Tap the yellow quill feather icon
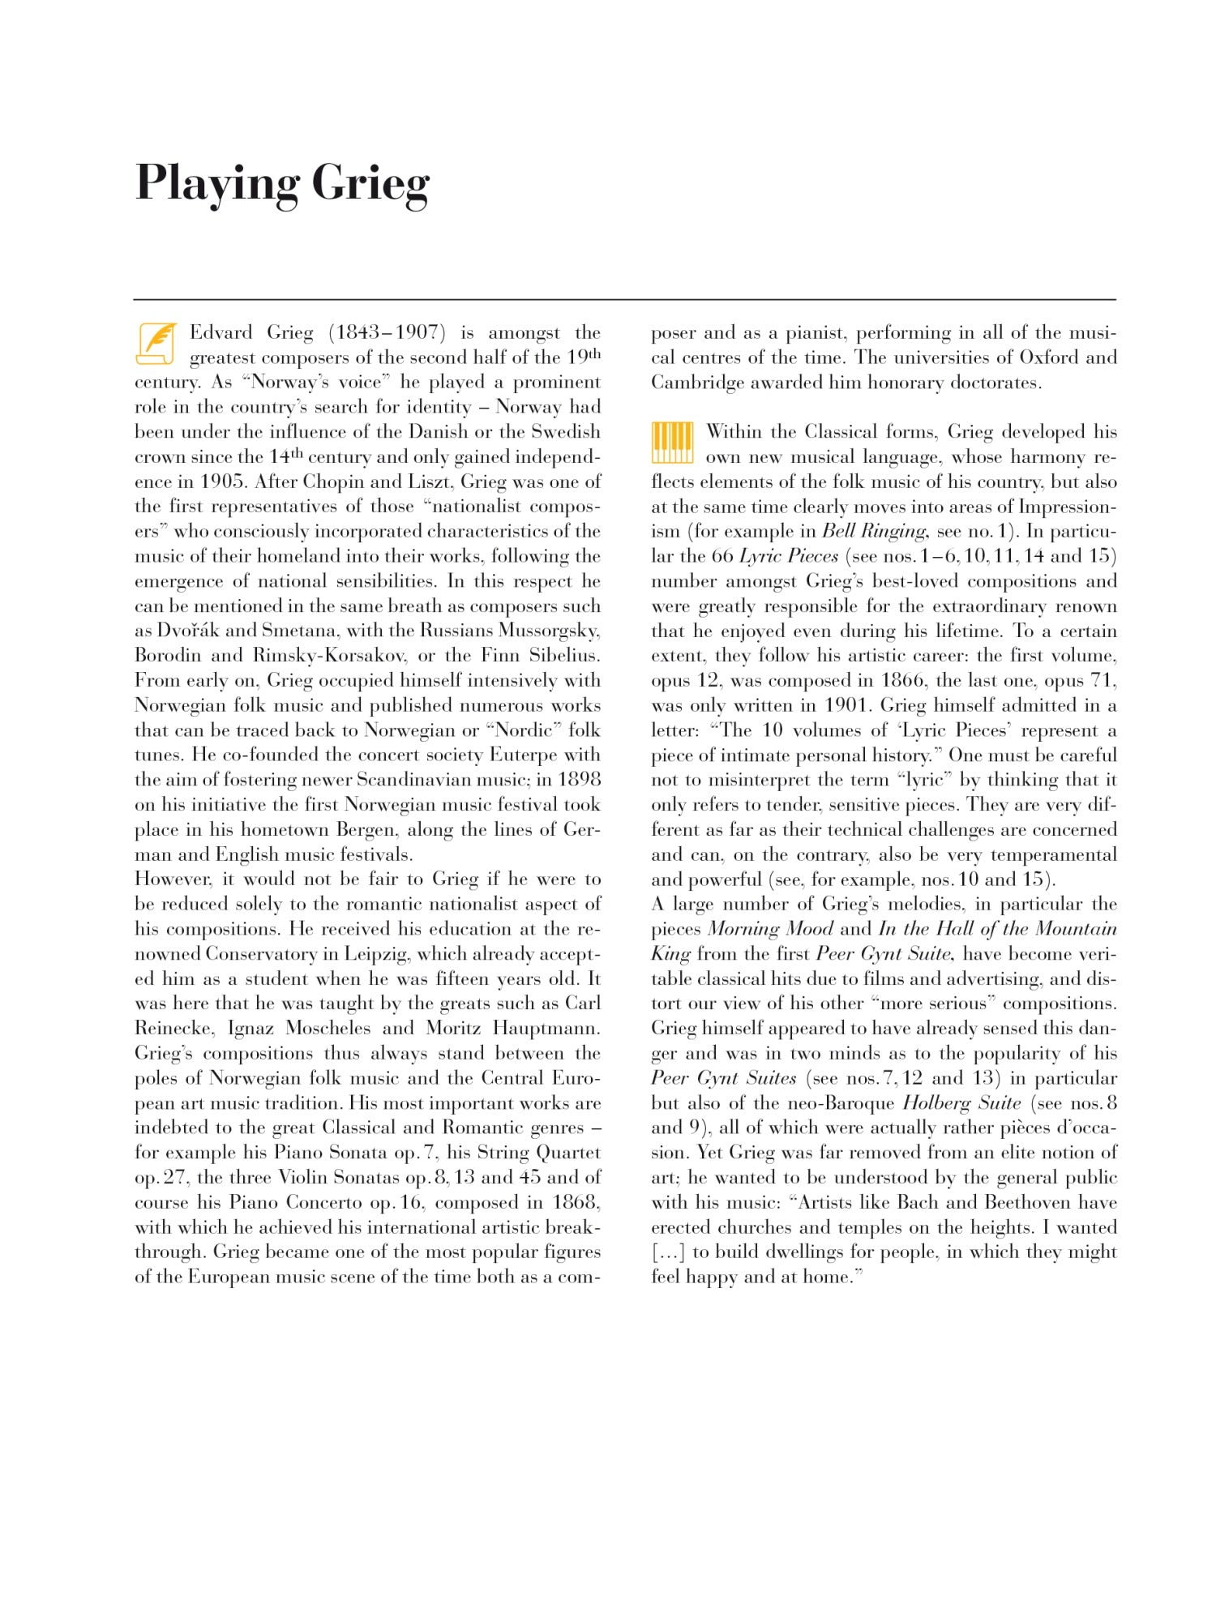click(156, 344)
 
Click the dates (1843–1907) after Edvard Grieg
click(387, 332)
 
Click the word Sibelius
click(564, 655)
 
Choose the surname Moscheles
click(326, 1029)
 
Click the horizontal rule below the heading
click(624, 300)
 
